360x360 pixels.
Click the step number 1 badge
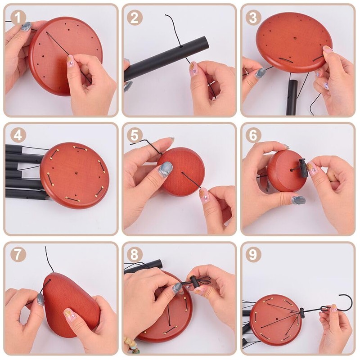point(18,18)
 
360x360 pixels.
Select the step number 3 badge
point(253,18)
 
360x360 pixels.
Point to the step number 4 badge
point(18,135)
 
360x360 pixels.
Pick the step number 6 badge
point(253,135)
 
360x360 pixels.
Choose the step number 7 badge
point(18,254)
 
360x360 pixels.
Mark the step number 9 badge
point(253,254)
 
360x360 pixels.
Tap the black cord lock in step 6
point(303,168)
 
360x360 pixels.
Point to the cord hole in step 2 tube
point(181,46)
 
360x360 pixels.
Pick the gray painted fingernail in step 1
point(26,27)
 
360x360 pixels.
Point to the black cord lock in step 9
point(301,313)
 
